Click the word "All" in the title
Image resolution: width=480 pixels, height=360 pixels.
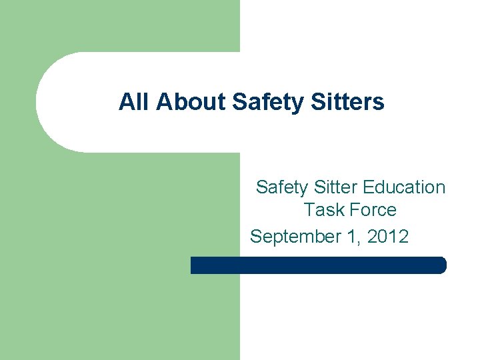(133, 102)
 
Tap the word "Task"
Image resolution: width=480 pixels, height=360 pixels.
(323, 210)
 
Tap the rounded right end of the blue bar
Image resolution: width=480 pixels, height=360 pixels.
(441, 265)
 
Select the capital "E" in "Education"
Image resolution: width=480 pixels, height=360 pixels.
(375, 187)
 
